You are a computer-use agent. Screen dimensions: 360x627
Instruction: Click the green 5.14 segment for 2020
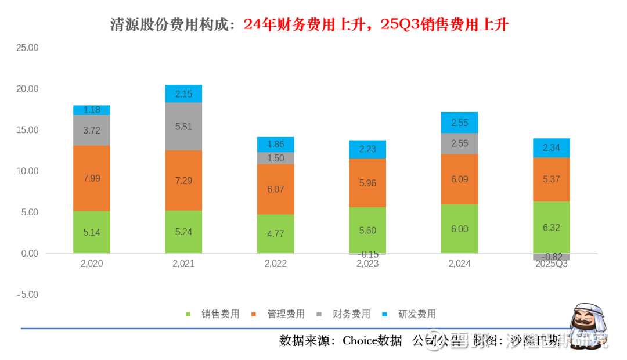point(92,232)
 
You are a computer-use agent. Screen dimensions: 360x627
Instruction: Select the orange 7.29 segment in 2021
point(183,181)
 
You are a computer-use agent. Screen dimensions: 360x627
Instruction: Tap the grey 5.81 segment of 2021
point(183,127)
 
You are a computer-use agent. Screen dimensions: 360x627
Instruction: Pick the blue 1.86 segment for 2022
point(276,145)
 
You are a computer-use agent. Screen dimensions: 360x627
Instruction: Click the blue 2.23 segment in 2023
point(367,149)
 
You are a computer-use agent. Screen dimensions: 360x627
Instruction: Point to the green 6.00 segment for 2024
point(459,229)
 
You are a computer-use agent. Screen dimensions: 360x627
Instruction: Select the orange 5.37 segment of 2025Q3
point(552,179)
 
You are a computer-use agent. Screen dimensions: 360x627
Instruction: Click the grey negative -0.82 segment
point(552,257)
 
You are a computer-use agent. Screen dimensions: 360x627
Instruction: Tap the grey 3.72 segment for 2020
point(92,130)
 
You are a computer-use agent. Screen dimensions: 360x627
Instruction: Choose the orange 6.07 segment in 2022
point(276,189)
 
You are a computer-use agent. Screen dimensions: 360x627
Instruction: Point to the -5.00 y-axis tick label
point(27,295)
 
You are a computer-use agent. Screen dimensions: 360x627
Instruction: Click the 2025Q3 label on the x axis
point(552,264)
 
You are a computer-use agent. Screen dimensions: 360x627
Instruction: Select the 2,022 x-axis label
point(276,264)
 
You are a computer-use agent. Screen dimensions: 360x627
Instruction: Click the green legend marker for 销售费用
point(188,315)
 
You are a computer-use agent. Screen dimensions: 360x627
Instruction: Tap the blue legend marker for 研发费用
point(385,315)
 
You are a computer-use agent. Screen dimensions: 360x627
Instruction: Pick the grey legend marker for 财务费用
point(319,315)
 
